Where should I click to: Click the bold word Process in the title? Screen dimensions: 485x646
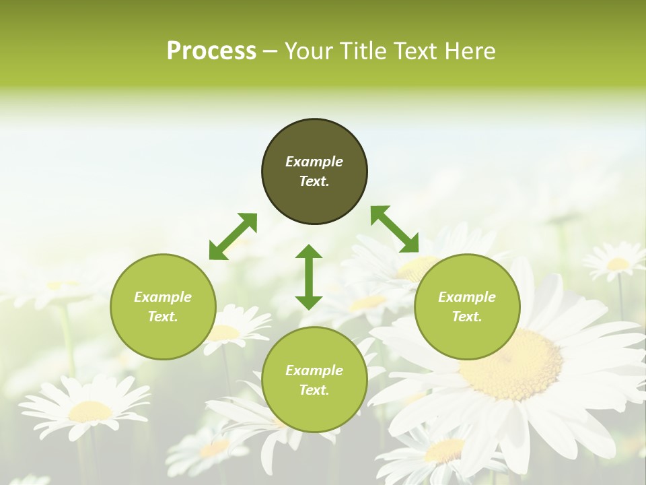pyautogui.click(x=211, y=51)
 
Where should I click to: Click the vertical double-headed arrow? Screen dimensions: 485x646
pyautogui.click(x=309, y=277)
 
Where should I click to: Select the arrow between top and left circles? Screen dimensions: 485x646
pyautogui.click(x=233, y=236)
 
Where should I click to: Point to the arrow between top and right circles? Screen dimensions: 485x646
pyautogui.click(x=394, y=229)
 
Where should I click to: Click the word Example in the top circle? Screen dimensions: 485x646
pyautogui.click(x=314, y=162)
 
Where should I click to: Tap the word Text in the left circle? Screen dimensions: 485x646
pyautogui.click(x=163, y=317)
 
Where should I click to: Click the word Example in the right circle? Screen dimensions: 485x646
pyautogui.click(x=467, y=297)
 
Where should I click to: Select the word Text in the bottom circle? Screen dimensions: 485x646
pyautogui.click(x=314, y=390)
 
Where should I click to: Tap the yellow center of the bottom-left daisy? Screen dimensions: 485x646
pyautogui.click(x=90, y=411)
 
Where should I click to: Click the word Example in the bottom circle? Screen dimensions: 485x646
pyautogui.click(x=314, y=370)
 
